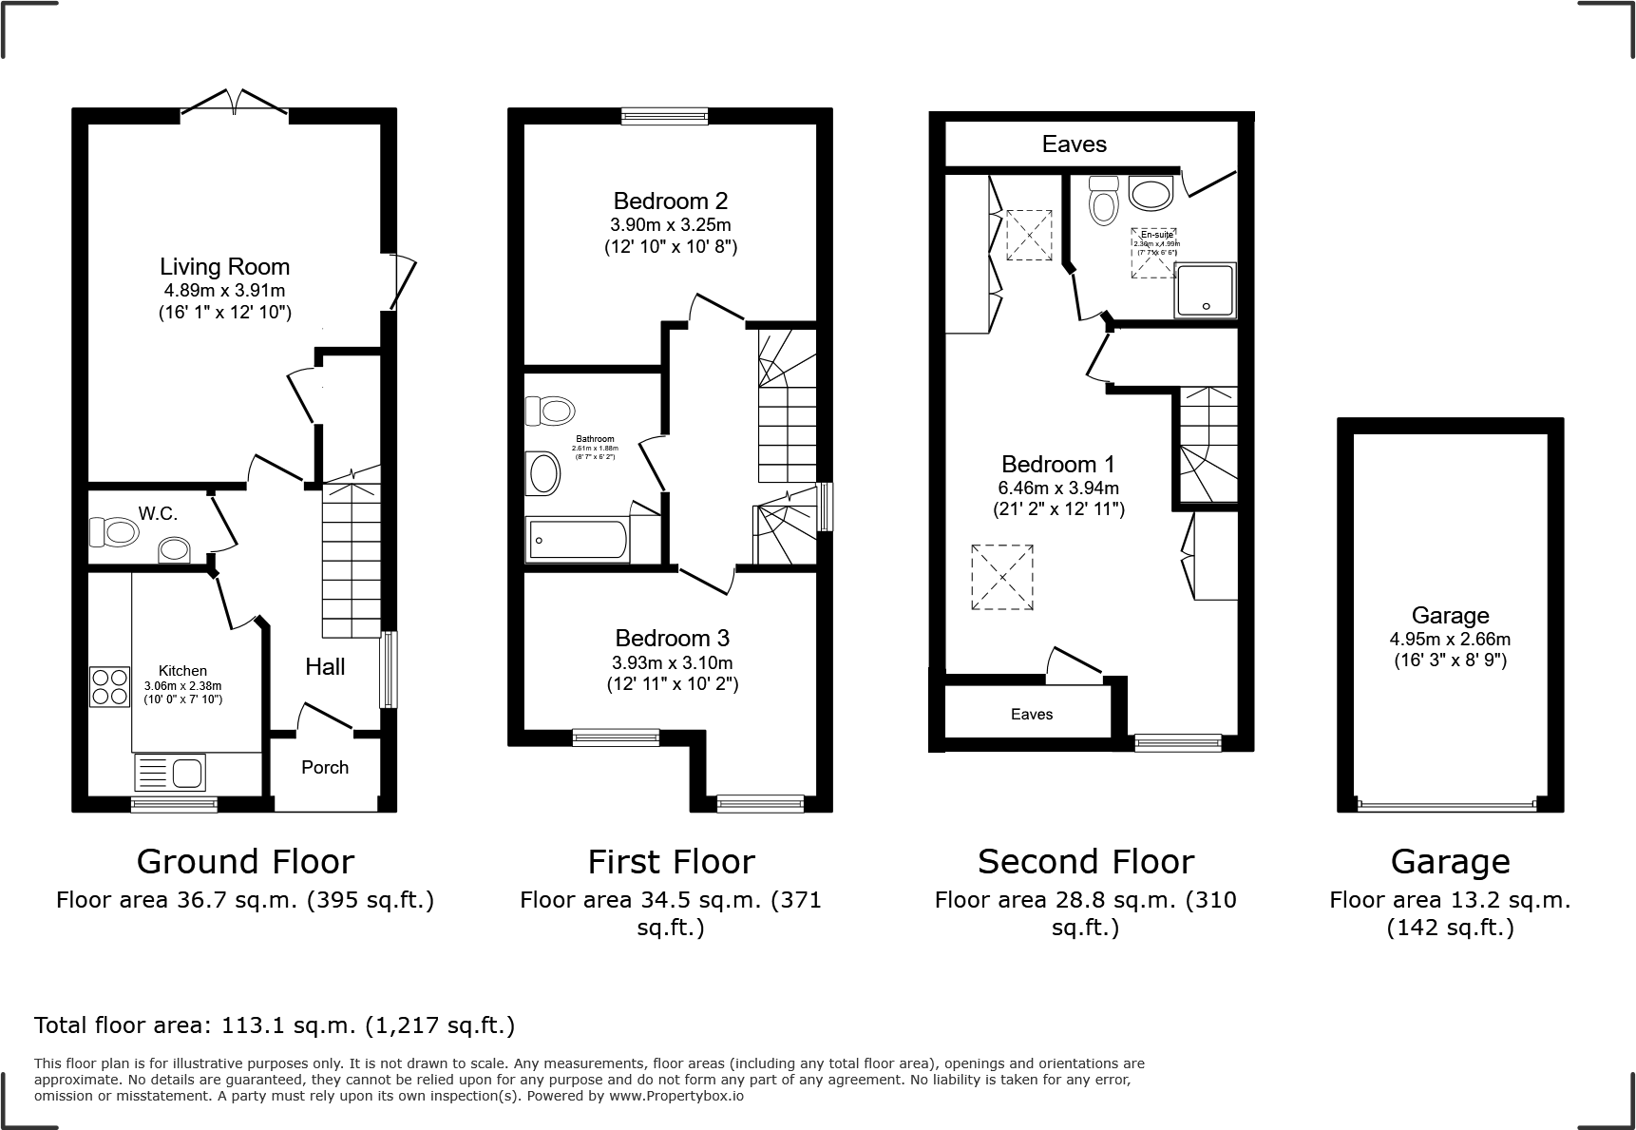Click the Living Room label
pyautogui.click(x=224, y=267)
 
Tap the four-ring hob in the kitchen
pyautogui.click(x=108, y=686)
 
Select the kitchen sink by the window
pyautogui.click(x=170, y=773)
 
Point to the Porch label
pyautogui.click(x=325, y=767)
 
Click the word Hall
pyautogui.click(x=325, y=666)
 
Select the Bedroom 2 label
pyautogui.click(x=671, y=201)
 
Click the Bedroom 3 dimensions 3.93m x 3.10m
pyautogui.click(x=673, y=662)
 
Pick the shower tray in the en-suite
pyautogui.click(x=1206, y=290)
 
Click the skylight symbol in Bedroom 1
pyautogui.click(x=1001, y=577)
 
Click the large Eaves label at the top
pyautogui.click(x=1074, y=144)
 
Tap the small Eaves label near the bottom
pyautogui.click(x=1032, y=714)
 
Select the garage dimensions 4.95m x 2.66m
pyautogui.click(x=1450, y=639)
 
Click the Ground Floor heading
pyautogui.click(x=245, y=861)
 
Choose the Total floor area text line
pyautogui.click(x=275, y=1025)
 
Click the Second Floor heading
pyautogui.click(x=1085, y=861)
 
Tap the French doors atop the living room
pyautogui.click(x=235, y=103)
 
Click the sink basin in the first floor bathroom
pyautogui.click(x=543, y=472)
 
